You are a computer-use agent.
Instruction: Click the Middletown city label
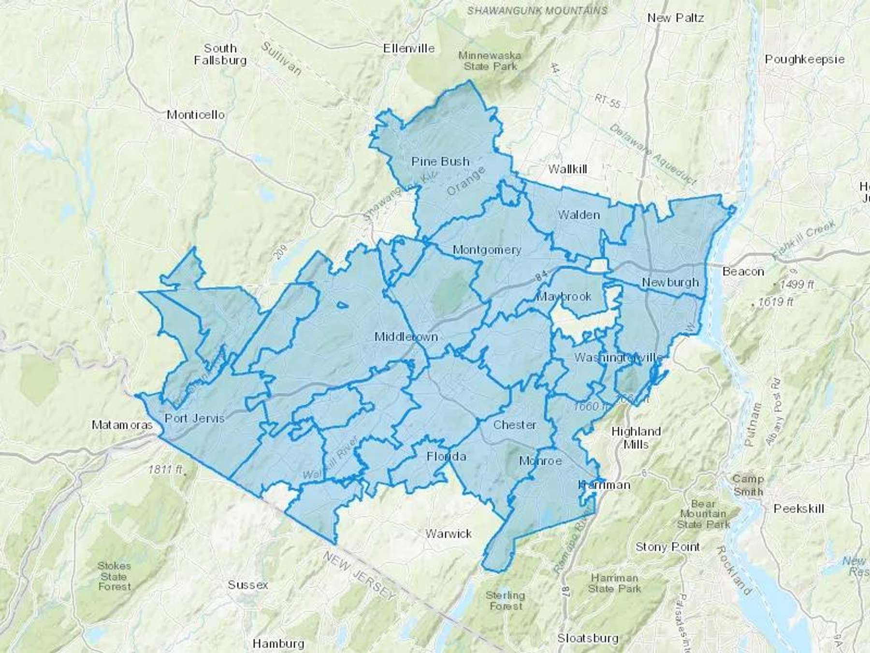tap(406, 337)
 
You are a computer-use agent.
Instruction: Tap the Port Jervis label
tap(195, 418)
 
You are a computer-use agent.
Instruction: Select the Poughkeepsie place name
tap(804, 59)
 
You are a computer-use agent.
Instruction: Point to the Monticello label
tap(196, 115)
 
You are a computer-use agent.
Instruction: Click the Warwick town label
tap(448, 534)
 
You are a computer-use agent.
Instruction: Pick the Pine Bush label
tap(440, 161)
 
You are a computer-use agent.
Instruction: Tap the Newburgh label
tap(670, 282)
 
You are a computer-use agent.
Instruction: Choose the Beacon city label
tap(743, 271)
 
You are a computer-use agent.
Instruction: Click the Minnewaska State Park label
tap(490, 61)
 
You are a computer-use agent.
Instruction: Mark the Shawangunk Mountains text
tap(536, 10)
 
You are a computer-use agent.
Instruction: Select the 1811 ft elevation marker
tap(165, 469)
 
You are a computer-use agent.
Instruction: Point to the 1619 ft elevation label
tap(775, 302)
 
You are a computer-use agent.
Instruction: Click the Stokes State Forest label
tap(114, 576)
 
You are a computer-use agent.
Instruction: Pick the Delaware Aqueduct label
tap(652, 155)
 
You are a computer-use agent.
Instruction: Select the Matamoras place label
tap(122, 425)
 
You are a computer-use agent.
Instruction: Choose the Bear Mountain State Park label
tap(703, 514)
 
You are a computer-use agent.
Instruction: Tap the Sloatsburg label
tap(587, 638)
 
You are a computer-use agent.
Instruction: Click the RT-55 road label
tap(608, 101)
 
